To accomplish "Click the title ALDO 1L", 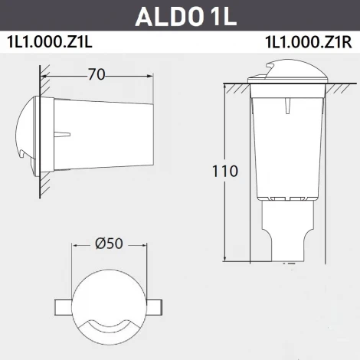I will tap(180, 15).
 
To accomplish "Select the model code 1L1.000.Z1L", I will tap(50, 43).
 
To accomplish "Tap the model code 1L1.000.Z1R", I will tap(308, 43).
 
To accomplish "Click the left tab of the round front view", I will tap(62, 306).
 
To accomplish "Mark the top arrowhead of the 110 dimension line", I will tap(224, 86).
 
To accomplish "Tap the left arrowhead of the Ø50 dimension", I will tap(75, 246).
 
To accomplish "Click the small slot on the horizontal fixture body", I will tap(62, 136).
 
